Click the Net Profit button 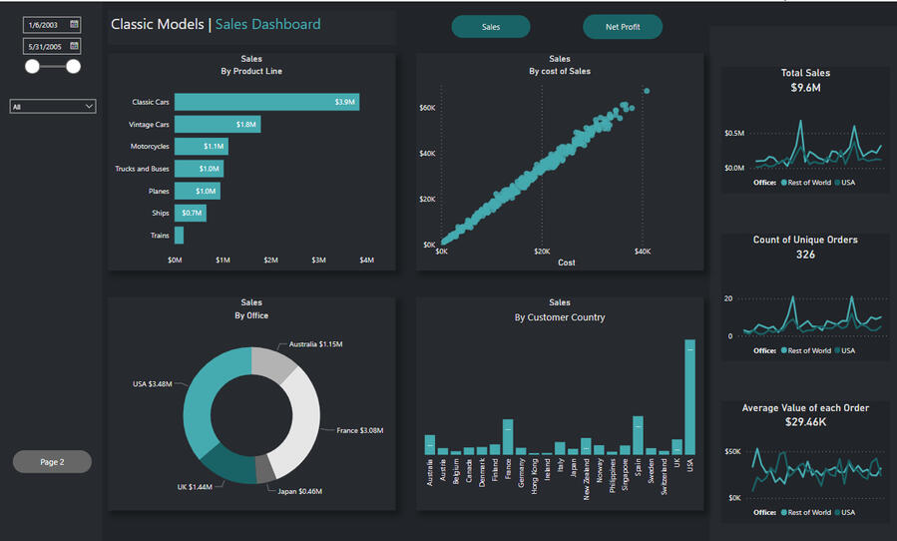[623, 27]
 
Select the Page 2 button [52, 462]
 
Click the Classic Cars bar [266, 102]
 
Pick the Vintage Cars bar [218, 124]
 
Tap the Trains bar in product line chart [179, 236]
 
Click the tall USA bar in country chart [689, 397]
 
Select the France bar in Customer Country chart [508, 437]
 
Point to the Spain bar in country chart [638, 435]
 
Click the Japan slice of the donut [264, 469]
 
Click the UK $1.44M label [195, 487]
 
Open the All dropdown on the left [53, 107]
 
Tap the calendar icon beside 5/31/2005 [74, 46]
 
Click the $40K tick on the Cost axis [643, 252]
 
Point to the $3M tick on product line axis [318, 260]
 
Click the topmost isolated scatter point [647, 91]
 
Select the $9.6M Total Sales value [805, 88]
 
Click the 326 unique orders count [805, 255]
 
